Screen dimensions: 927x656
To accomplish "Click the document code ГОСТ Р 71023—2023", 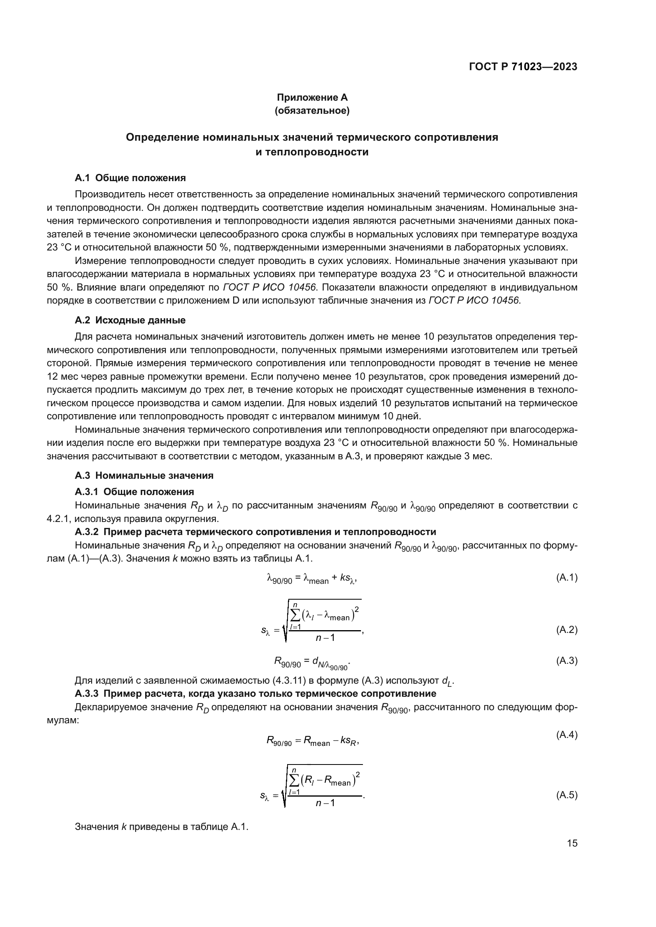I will (523, 67).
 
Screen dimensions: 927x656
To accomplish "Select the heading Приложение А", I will (312, 97).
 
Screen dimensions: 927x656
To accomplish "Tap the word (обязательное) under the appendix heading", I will (312, 111).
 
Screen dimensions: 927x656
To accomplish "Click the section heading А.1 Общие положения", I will (130, 178).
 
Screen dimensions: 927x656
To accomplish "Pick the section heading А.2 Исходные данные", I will (130, 320).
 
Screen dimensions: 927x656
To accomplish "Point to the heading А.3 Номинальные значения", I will (144, 475).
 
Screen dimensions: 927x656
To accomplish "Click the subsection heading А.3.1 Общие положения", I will (134, 491).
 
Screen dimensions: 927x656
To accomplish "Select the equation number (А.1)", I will (567, 578).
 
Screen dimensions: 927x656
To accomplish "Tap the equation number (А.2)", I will (567, 629).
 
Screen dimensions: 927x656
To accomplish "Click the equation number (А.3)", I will (567, 661).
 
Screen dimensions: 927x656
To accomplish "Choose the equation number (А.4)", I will (567, 735).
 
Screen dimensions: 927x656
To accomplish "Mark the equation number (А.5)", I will (567, 795).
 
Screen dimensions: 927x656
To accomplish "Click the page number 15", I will (572, 843).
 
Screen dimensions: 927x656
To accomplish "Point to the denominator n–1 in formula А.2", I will (325, 638).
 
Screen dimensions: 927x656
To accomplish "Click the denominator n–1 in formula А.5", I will (325, 803).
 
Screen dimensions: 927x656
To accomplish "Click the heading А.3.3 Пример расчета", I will (255, 694).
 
